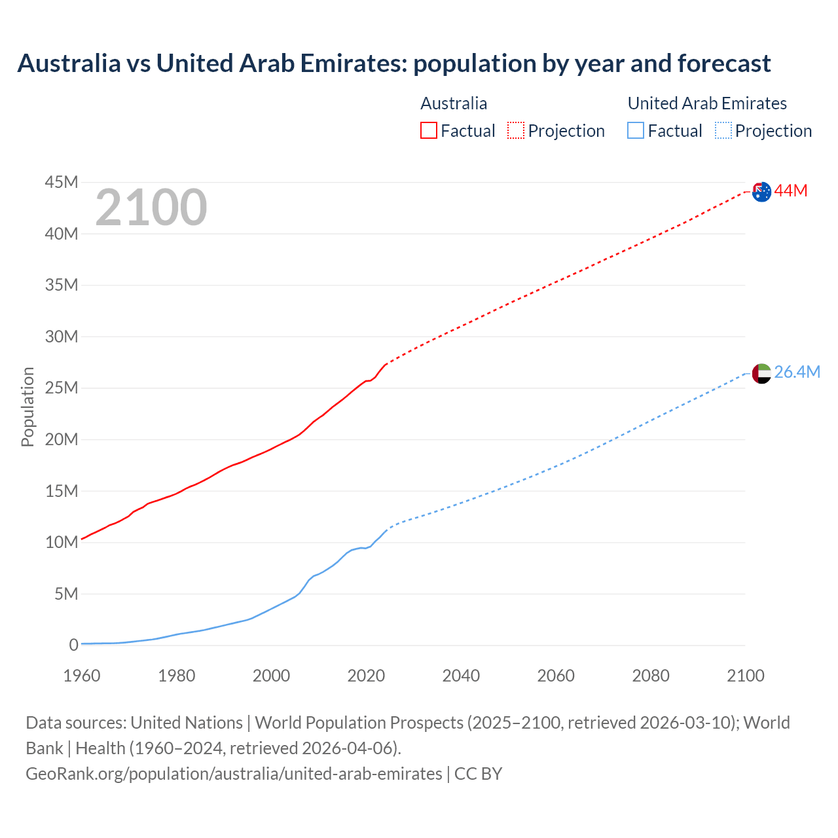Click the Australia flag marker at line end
click(761, 192)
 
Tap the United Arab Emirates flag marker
click(761, 373)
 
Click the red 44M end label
click(791, 191)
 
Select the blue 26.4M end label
click(797, 372)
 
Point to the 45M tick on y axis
click(62, 182)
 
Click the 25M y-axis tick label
click(62, 388)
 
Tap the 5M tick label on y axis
click(66, 594)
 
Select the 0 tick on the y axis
click(73, 645)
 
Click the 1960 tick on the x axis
click(82, 676)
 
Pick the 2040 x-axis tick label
click(461, 676)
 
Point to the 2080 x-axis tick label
click(651, 676)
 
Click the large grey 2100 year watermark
click(151, 208)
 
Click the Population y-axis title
click(27, 407)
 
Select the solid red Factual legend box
click(428, 130)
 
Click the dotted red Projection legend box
click(516, 130)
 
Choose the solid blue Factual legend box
click(636, 130)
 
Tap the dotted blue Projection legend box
click(723, 130)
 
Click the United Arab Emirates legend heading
click(707, 103)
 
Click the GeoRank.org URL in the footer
click(234, 773)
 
